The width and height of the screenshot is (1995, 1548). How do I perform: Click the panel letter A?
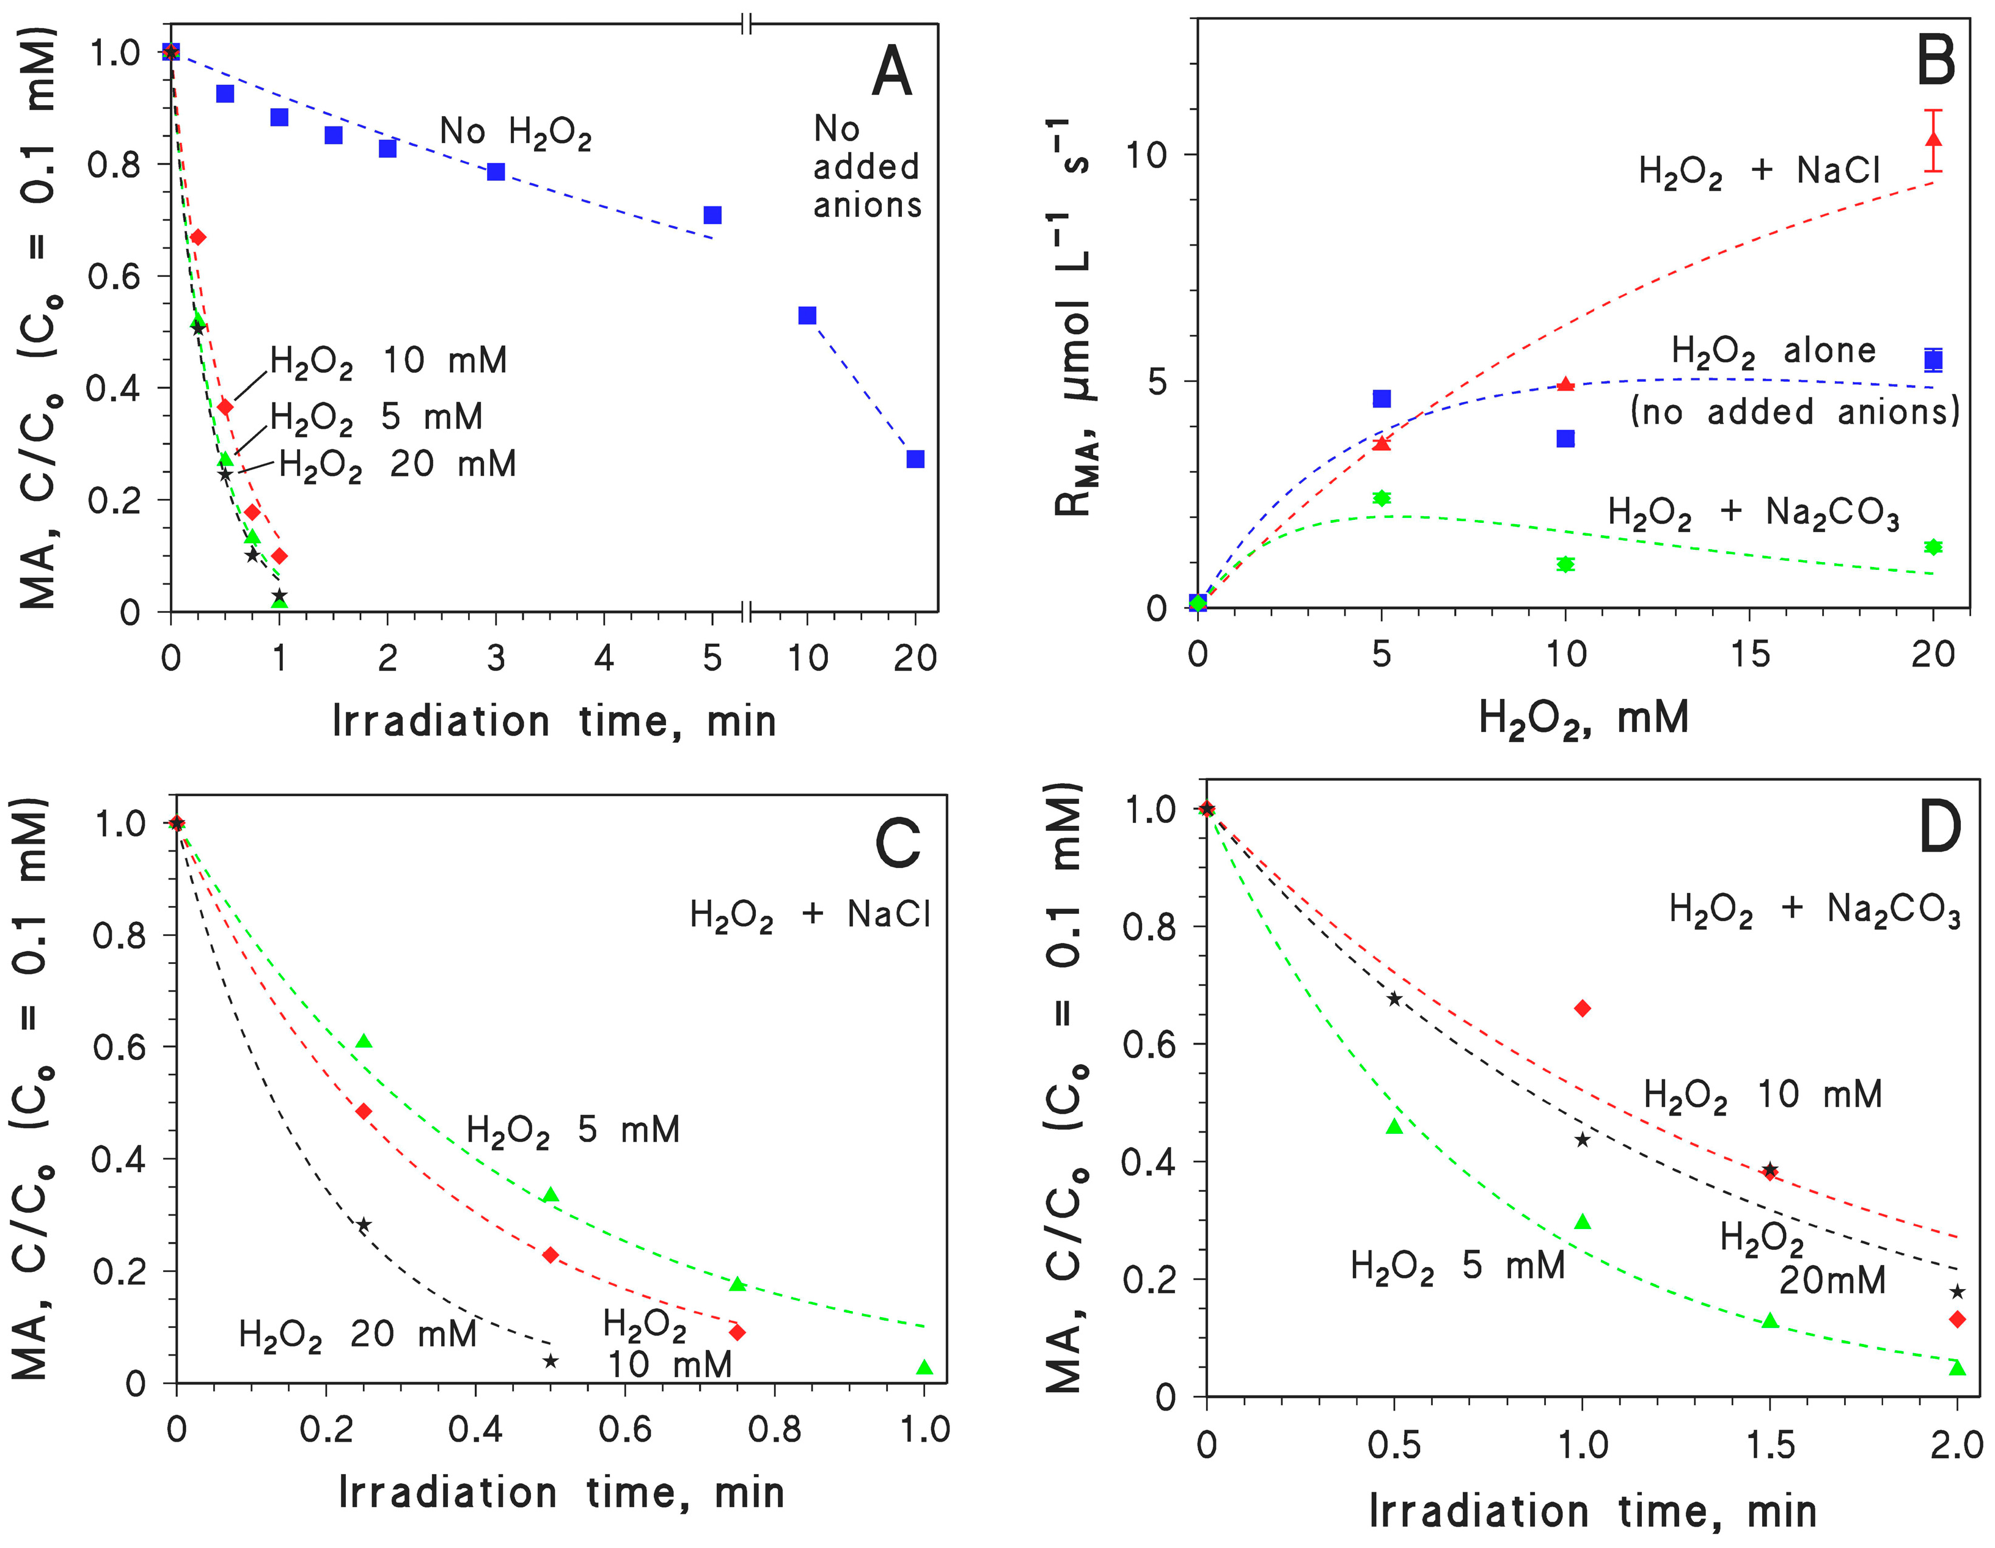pyautogui.click(x=891, y=73)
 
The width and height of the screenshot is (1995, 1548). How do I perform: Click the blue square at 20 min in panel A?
pyautogui.click(x=915, y=458)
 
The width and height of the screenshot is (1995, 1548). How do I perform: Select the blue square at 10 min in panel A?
pyautogui.click(x=807, y=315)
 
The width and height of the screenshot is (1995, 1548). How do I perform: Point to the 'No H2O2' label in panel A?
pyautogui.click(x=515, y=133)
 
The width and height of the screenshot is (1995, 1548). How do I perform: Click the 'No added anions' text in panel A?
pyautogui.click(x=867, y=167)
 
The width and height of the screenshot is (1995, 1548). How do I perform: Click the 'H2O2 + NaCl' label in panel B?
pyautogui.click(x=1759, y=172)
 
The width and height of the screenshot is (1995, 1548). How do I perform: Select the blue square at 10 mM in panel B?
pyautogui.click(x=1565, y=439)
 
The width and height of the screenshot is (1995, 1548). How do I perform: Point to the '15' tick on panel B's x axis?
pyautogui.click(x=1749, y=654)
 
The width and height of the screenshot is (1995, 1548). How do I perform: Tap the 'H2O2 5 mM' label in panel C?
pyautogui.click(x=573, y=1131)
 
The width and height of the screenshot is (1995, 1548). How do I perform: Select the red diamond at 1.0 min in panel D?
pyautogui.click(x=1582, y=1008)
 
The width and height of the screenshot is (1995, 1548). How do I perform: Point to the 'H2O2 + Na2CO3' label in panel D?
pyautogui.click(x=1814, y=911)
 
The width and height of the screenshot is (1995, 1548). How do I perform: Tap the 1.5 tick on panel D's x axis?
pyautogui.click(x=1770, y=1445)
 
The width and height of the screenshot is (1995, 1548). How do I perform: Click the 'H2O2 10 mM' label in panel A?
pyautogui.click(x=388, y=362)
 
